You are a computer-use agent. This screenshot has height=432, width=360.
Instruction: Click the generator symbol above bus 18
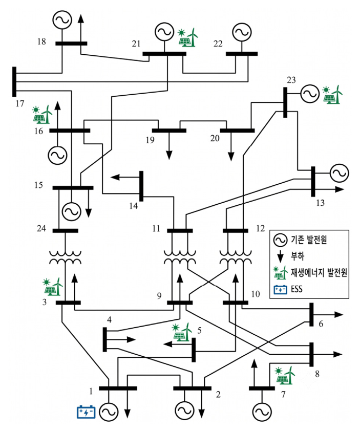[62, 20]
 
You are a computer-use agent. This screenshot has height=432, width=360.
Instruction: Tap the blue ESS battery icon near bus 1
[86, 412]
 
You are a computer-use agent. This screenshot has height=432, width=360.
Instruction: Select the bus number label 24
[41, 228]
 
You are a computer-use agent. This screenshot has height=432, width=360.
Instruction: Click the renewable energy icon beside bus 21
[188, 37]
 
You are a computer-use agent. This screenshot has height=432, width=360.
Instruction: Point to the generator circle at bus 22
[242, 32]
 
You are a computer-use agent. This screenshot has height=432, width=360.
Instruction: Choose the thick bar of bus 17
[14, 81]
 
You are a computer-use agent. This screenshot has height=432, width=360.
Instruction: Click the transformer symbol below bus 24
[66, 257]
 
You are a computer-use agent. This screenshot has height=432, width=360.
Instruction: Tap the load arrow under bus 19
[169, 146]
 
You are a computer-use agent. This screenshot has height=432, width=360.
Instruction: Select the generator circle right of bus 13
[340, 173]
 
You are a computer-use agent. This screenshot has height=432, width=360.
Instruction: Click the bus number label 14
[134, 206]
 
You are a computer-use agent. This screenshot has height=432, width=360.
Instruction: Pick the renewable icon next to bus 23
[333, 95]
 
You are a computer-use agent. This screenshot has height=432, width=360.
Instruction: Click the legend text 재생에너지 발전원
[319, 272]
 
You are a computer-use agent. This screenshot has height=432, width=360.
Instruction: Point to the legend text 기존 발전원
[309, 240]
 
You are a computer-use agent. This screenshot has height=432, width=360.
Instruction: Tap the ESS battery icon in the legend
[281, 290]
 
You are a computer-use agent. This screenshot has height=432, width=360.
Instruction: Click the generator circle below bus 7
[262, 412]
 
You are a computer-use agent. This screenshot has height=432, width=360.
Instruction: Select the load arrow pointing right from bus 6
[328, 314]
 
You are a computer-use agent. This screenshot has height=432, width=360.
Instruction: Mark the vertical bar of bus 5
[194, 350]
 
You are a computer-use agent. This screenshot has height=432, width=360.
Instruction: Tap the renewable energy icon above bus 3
[53, 287]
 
